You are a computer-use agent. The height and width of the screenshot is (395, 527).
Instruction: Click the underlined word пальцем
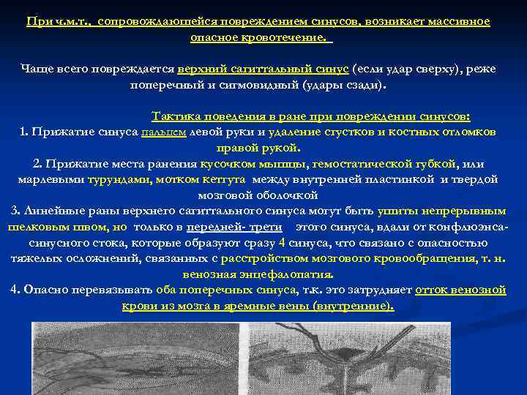pos(167,132)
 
